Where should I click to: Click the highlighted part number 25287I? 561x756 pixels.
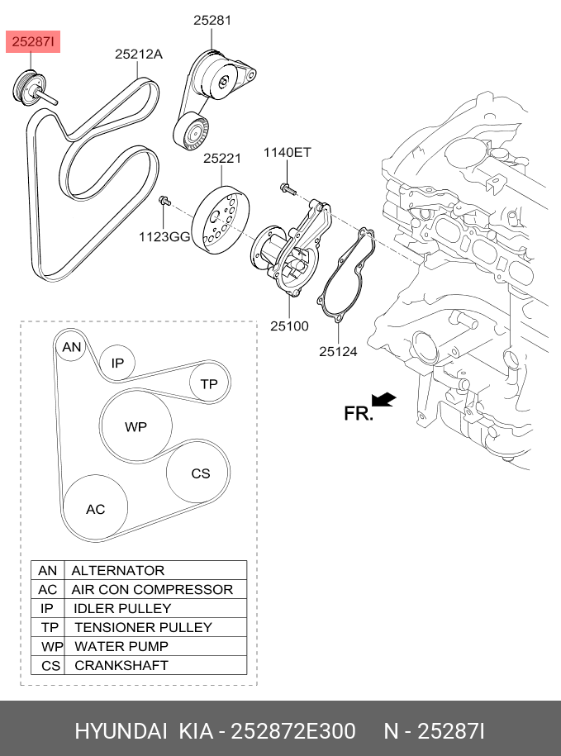pyautogui.click(x=33, y=42)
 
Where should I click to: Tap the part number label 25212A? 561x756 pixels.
pyautogui.click(x=139, y=54)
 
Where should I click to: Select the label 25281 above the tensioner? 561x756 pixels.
pyautogui.click(x=212, y=21)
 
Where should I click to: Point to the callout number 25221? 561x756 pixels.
pyautogui.click(x=222, y=158)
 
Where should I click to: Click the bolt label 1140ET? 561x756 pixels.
pyautogui.click(x=288, y=152)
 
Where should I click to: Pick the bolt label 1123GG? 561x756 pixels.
pyautogui.click(x=164, y=237)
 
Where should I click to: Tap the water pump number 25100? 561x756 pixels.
pyautogui.click(x=289, y=326)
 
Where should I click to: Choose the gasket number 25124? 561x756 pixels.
pyautogui.click(x=339, y=351)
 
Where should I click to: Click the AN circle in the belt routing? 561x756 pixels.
pyautogui.click(x=71, y=347)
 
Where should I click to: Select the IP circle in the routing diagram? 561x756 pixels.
pyautogui.click(x=117, y=363)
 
